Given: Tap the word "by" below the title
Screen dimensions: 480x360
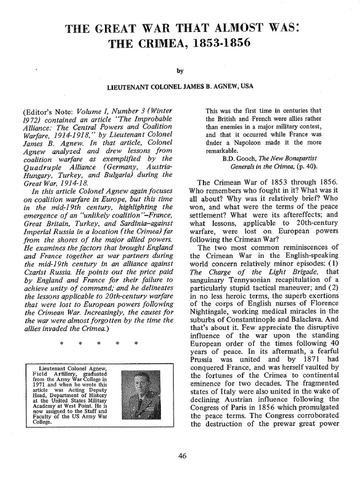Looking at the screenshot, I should [180, 71].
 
